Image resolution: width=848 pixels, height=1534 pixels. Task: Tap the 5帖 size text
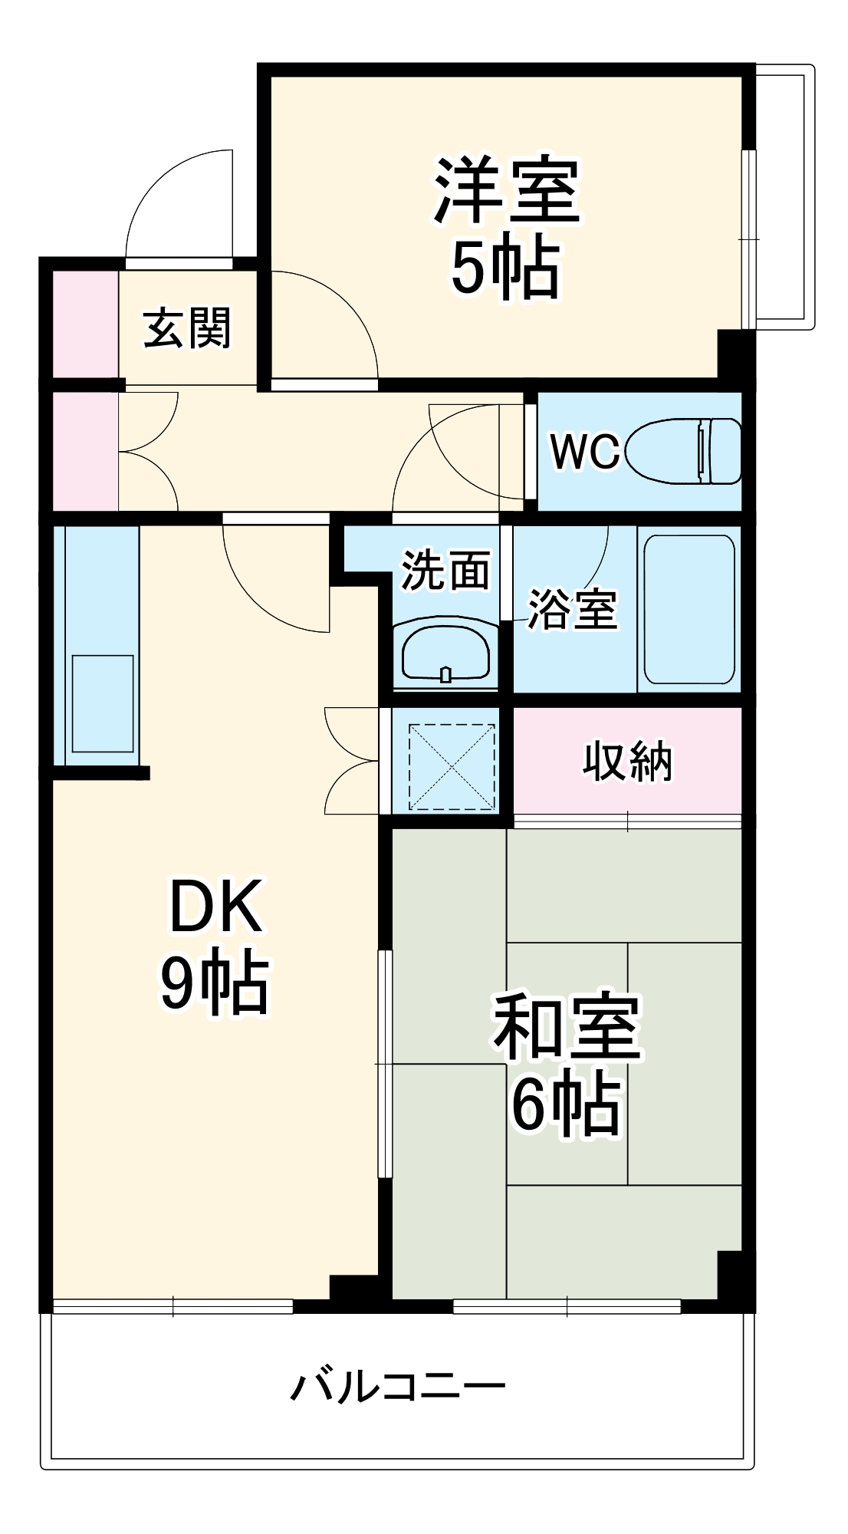pyautogui.click(x=506, y=268)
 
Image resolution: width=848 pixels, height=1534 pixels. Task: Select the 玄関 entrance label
pyautogui.click(x=187, y=328)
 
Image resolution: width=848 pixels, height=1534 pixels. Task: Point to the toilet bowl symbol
pyautogui.click(x=682, y=451)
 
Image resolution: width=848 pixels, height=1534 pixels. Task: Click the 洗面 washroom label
pyautogui.click(x=445, y=570)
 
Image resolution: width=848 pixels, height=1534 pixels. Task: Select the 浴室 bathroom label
pyautogui.click(x=572, y=610)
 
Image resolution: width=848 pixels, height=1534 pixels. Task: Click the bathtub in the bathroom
pyautogui.click(x=689, y=608)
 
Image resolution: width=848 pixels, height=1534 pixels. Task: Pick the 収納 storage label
pyautogui.click(x=627, y=762)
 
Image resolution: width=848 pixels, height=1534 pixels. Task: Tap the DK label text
pyautogui.click(x=215, y=907)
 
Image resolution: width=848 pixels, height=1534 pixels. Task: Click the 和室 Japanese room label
pyautogui.click(x=566, y=1028)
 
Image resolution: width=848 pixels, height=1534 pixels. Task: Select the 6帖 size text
pyautogui.click(x=566, y=1104)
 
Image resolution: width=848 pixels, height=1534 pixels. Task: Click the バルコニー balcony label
pyautogui.click(x=398, y=1386)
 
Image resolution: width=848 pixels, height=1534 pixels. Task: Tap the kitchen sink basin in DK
pyautogui.click(x=103, y=703)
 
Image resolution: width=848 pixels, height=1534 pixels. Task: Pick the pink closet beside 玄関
pyautogui.click(x=84, y=324)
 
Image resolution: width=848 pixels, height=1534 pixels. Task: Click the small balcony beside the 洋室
pyautogui.click(x=784, y=198)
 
